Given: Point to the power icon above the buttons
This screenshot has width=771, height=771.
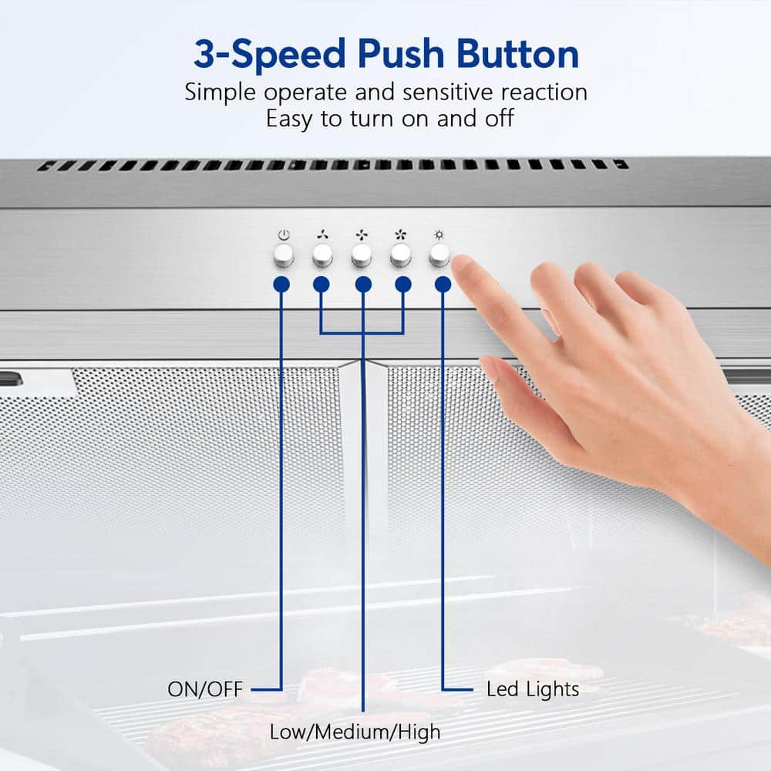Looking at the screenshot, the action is coord(284,234).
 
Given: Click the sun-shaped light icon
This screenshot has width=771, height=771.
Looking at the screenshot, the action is coord(439,234).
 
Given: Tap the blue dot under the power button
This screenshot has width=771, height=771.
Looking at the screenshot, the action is coord(281,284).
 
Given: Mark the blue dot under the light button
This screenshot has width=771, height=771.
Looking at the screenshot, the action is coord(443,284).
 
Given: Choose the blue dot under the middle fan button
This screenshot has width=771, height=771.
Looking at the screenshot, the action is coord(363,284).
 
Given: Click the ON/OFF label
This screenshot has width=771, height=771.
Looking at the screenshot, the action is coord(205,689).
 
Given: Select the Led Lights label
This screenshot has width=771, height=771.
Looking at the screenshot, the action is coord(533,689).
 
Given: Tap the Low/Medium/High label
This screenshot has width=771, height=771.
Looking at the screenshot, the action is coord(355,732).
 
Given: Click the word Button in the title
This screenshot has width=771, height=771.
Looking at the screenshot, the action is coord(517,54).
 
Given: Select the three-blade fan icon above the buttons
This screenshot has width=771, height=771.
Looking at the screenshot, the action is coord(322,234).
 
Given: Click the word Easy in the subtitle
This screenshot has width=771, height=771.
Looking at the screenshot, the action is coord(289,120).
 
